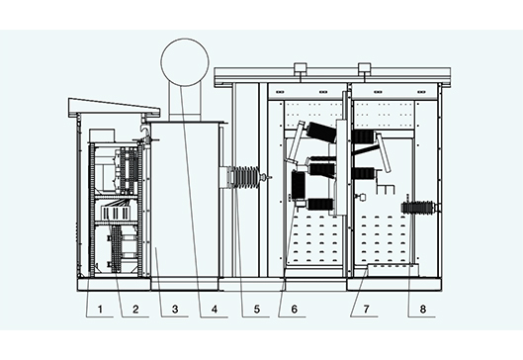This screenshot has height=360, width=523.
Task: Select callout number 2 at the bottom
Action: (x=136, y=310)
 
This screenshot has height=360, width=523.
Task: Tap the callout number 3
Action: (x=173, y=310)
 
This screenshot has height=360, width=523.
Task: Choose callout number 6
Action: (x=292, y=310)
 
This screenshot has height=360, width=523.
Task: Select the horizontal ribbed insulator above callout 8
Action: (x=420, y=209)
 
